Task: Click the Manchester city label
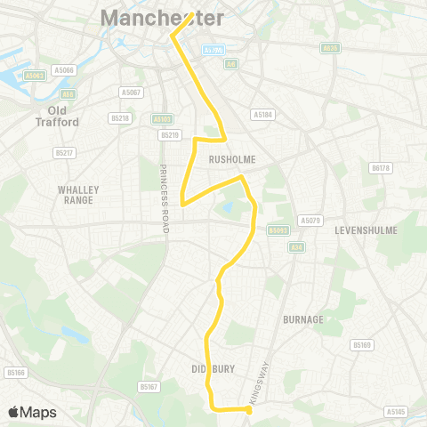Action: tap(162, 17)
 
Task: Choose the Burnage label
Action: tap(302, 318)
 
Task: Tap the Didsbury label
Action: tap(211, 367)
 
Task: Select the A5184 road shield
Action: tap(262, 114)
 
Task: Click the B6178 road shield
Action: tap(380, 167)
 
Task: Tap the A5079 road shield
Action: tap(310, 220)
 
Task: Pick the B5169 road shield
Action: tap(361, 344)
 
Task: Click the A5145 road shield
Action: tap(397, 411)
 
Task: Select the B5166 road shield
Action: tap(15, 373)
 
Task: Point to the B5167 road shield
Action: tap(149, 387)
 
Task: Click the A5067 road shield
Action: tap(131, 92)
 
